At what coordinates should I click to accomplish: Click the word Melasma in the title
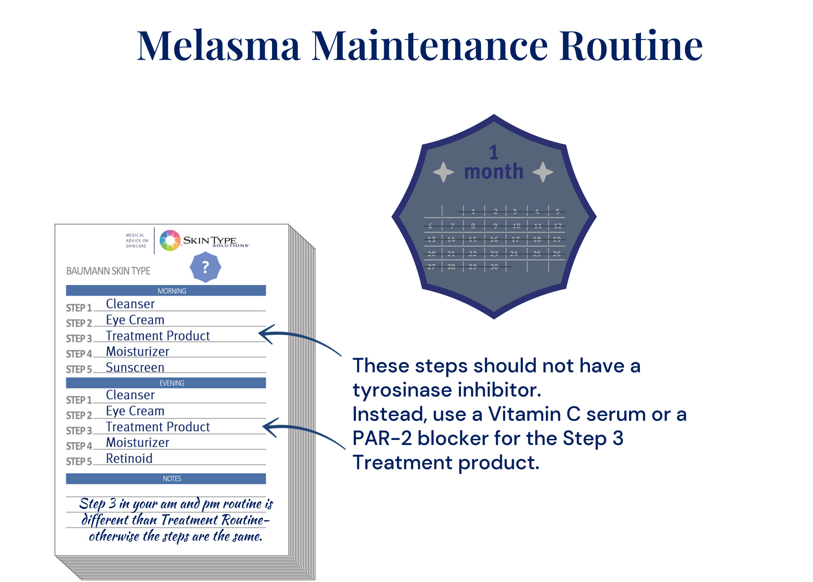(x=218, y=46)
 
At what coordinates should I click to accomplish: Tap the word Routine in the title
(x=631, y=46)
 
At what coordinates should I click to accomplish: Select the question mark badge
(x=205, y=267)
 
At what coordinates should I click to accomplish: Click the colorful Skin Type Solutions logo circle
(x=170, y=240)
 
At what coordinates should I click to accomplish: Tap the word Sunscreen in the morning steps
(x=135, y=367)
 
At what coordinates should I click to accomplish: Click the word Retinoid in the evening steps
(x=129, y=458)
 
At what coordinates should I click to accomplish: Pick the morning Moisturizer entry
(x=137, y=351)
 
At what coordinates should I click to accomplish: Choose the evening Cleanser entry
(x=130, y=395)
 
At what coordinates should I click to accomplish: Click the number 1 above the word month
(x=494, y=153)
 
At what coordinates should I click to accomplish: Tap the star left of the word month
(x=443, y=172)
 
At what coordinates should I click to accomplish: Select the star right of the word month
(x=543, y=172)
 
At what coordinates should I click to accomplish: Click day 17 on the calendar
(x=515, y=239)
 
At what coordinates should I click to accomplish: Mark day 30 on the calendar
(x=494, y=267)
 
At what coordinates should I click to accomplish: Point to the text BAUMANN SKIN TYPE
(x=108, y=271)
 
